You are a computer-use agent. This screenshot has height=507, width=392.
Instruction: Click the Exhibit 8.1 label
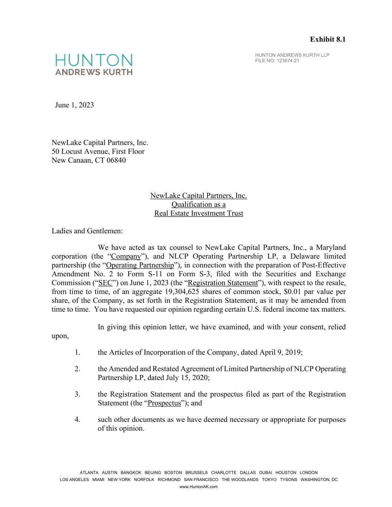[x=328, y=39]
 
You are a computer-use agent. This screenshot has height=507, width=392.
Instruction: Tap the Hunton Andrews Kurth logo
[x=94, y=64]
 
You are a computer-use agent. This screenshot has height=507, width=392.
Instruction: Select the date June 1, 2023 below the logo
[x=74, y=105]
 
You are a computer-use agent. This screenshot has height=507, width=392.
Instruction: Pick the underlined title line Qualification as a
[x=198, y=204]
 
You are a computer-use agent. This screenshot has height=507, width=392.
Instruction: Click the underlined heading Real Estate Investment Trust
[x=198, y=213]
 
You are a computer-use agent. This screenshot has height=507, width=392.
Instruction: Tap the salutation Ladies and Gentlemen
[x=87, y=231]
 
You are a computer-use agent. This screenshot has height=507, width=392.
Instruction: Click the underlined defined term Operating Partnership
[x=140, y=265]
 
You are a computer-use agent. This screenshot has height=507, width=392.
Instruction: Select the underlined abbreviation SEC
[x=105, y=283]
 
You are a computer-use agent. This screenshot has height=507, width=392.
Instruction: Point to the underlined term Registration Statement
[x=223, y=283]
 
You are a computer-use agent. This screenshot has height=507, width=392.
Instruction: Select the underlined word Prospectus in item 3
[x=164, y=403]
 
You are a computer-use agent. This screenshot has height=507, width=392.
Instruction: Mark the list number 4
[x=77, y=420]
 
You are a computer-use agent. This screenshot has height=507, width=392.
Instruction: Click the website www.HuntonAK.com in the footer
[x=198, y=487]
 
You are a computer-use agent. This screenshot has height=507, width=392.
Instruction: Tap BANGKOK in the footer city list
[x=131, y=473]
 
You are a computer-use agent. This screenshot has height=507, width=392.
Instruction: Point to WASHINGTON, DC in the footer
[x=319, y=480]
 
